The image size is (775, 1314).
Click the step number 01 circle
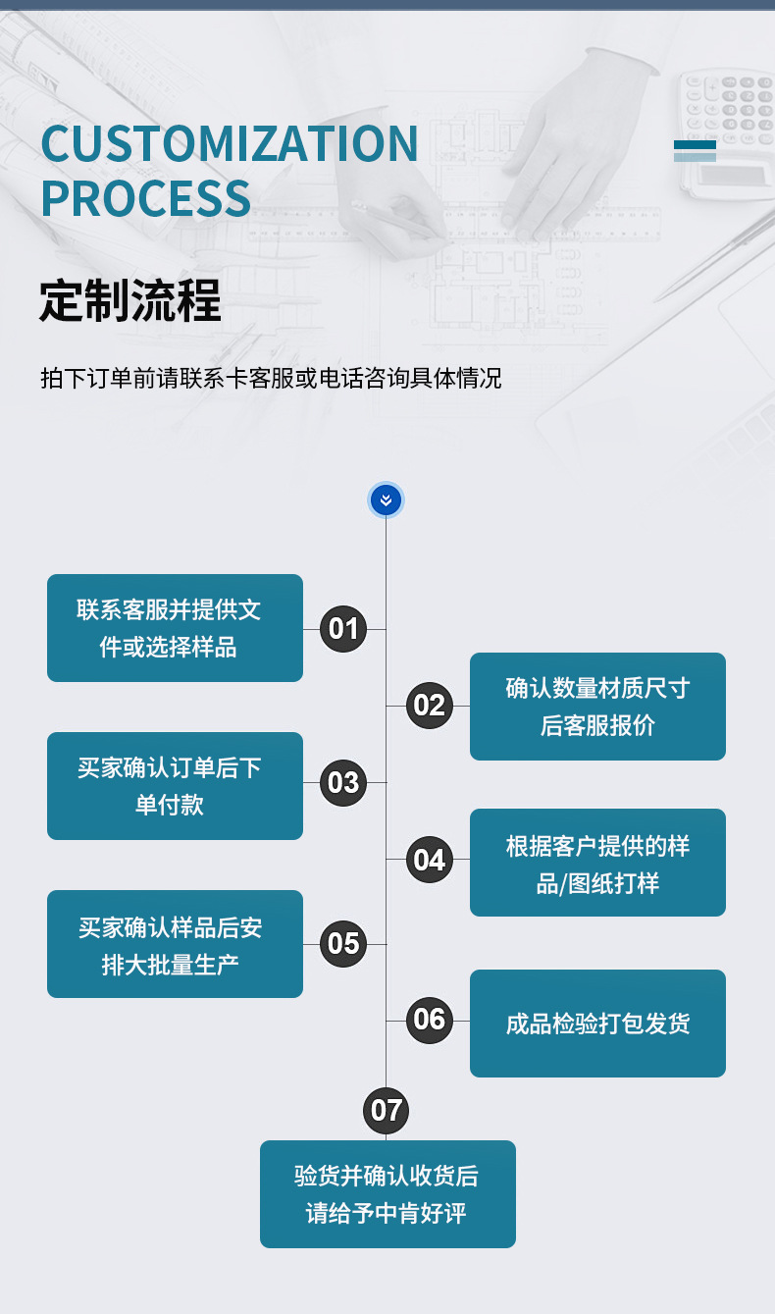pyautogui.click(x=343, y=628)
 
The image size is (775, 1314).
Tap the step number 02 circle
pyautogui.click(x=429, y=706)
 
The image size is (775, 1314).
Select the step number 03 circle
pyautogui.click(x=343, y=782)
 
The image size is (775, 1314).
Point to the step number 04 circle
pyautogui.click(x=429, y=861)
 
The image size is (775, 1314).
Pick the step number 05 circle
pyautogui.click(x=343, y=943)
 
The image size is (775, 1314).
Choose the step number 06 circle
pyautogui.click(x=429, y=1020)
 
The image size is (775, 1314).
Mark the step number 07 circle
pyautogui.click(x=387, y=1110)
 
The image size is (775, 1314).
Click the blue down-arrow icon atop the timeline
pyautogui.click(x=386, y=500)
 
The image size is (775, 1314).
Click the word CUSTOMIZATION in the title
pyautogui.click(x=230, y=144)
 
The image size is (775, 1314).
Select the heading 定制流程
pyautogui.click(x=130, y=300)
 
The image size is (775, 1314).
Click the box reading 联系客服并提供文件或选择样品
pyautogui.click(x=175, y=628)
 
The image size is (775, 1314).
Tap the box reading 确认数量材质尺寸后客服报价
pyautogui.click(x=597, y=707)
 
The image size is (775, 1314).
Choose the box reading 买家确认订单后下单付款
pyautogui.click(x=175, y=786)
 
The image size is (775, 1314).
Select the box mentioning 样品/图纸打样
pyautogui.click(x=597, y=863)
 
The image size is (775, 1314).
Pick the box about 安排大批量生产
pyautogui.click(x=175, y=944)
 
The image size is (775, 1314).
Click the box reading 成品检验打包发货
pyautogui.click(x=597, y=1024)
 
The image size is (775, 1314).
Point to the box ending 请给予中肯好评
pyautogui.click(x=387, y=1194)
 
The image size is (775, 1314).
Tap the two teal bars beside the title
pyautogui.click(x=695, y=150)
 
